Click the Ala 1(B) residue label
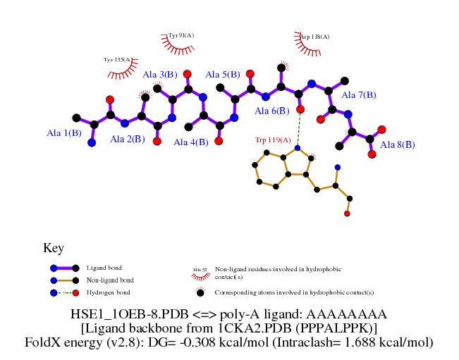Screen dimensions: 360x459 (64, 132)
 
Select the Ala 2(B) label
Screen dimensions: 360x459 (128, 139)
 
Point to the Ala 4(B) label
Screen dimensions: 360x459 (191, 142)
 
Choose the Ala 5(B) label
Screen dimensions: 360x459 (222, 74)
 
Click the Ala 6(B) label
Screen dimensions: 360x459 (271, 111)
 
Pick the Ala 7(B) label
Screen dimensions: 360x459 (359, 94)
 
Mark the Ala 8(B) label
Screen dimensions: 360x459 (398, 144)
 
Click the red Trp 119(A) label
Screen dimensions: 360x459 (273, 140)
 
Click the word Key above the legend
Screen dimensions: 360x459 (54, 248)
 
